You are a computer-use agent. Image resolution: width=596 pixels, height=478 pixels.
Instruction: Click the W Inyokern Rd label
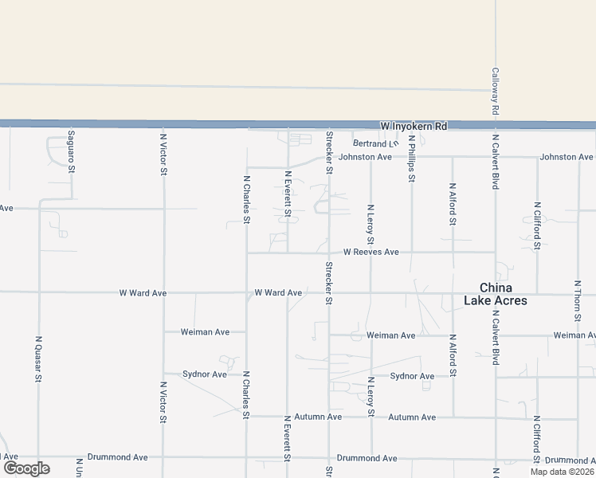(414, 127)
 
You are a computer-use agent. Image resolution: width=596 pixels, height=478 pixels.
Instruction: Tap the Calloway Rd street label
(495, 90)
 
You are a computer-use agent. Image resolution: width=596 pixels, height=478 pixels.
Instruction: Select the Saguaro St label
(71, 152)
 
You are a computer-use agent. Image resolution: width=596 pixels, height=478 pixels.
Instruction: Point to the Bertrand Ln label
(374, 143)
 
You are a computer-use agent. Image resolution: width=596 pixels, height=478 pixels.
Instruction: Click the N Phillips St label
(412, 159)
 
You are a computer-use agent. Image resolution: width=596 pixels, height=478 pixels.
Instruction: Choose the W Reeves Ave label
(371, 252)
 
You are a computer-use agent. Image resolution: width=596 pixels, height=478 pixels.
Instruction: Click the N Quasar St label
(38, 358)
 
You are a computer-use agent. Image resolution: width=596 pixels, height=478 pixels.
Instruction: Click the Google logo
(26, 468)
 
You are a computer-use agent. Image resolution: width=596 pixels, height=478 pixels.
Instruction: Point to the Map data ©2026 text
(561, 472)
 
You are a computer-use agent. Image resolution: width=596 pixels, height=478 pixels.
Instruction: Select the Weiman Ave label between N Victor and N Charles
(205, 331)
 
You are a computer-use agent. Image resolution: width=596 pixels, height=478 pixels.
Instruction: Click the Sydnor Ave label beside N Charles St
(205, 374)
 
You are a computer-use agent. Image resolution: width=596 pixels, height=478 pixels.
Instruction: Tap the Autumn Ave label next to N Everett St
(318, 417)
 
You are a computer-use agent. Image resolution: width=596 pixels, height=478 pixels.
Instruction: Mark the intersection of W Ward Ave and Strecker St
(328, 292)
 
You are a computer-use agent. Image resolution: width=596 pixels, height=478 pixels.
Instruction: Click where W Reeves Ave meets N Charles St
(246, 253)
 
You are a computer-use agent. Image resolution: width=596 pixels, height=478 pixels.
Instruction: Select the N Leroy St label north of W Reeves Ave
(371, 225)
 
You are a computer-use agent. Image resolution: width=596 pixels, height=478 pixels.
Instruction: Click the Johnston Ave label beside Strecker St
(365, 157)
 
